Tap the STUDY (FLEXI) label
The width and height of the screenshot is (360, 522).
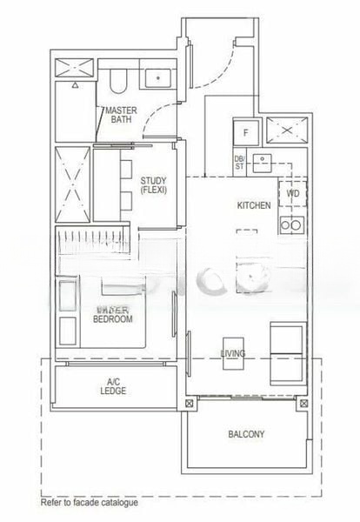tap(153, 185)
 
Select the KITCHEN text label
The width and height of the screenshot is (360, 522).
tap(254, 205)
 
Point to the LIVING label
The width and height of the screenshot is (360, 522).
tap(233, 353)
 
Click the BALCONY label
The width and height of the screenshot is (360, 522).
tap(247, 434)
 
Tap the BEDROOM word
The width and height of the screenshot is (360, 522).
tap(113, 319)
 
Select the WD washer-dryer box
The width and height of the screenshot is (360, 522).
tap(293, 193)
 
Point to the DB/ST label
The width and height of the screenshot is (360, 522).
tap(239, 162)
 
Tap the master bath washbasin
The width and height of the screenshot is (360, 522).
tap(157, 77)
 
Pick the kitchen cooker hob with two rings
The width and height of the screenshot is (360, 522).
tap(291, 225)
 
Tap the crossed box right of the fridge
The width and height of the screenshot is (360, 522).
tap(285, 131)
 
